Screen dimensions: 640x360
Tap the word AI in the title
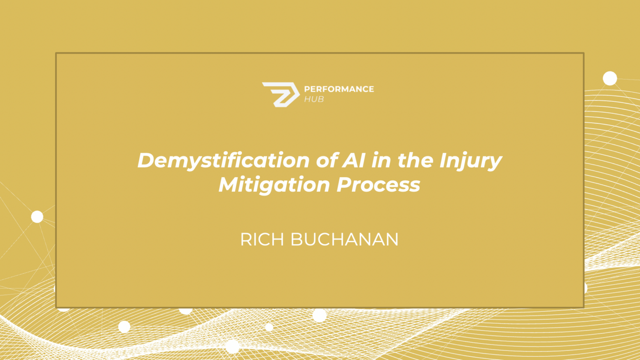pyautogui.click(x=354, y=160)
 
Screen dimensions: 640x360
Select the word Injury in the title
pyautogui.click(x=470, y=161)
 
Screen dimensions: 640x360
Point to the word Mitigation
pyautogui.click(x=274, y=185)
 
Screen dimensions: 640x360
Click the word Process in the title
pyautogui.click(x=378, y=185)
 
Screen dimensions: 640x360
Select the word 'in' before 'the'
pyautogui.click(x=381, y=160)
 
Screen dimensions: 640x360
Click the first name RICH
pyautogui.click(x=262, y=240)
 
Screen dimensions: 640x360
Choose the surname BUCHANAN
pyautogui.click(x=344, y=240)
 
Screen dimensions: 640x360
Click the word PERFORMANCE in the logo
pyautogui.click(x=339, y=89)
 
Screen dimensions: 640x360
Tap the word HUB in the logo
pyautogui.click(x=314, y=99)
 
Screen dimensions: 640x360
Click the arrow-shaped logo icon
pyautogui.click(x=281, y=95)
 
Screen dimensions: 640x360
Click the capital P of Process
pyautogui.click(x=345, y=185)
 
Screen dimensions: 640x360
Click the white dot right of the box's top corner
pyautogui.click(x=610, y=78)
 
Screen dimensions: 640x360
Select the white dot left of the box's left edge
pyautogui.click(x=37, y=217)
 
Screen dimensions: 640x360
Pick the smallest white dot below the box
pyautogui.click(x=269, y=327)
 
